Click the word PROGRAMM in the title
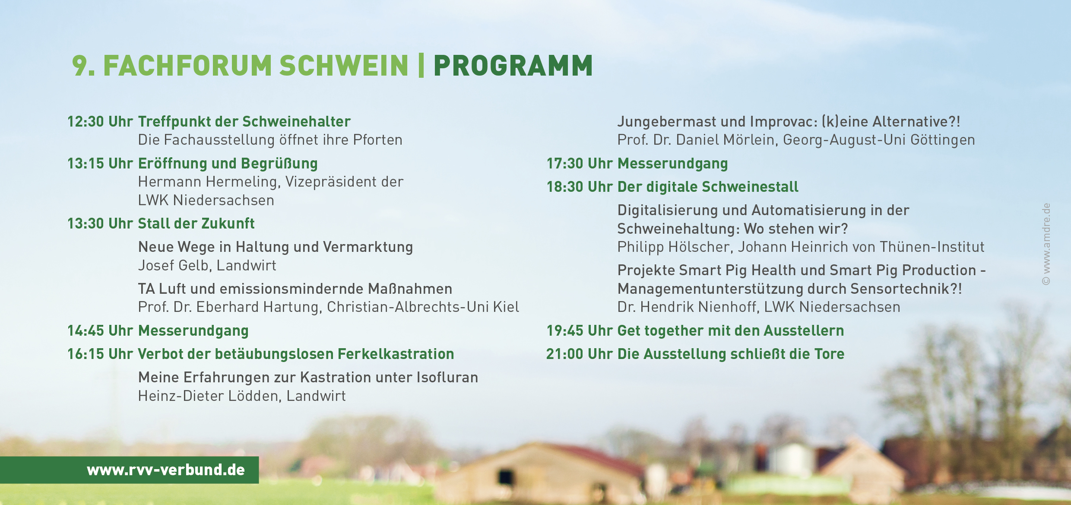[513, 66]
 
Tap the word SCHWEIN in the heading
[344, 66]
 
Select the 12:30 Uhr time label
[100, 122]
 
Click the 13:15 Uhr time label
[100, 164]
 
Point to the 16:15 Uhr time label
[100, 354]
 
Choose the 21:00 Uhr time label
[579, 354]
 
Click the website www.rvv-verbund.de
[166, 470]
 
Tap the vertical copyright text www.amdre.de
[1046, 244]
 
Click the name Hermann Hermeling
[209, 182]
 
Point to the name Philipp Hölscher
[674, 247]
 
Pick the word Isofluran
[447, 378]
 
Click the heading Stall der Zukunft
[196, 224]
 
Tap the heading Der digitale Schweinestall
[708, 187]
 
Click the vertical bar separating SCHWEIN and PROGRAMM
[421, 66]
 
